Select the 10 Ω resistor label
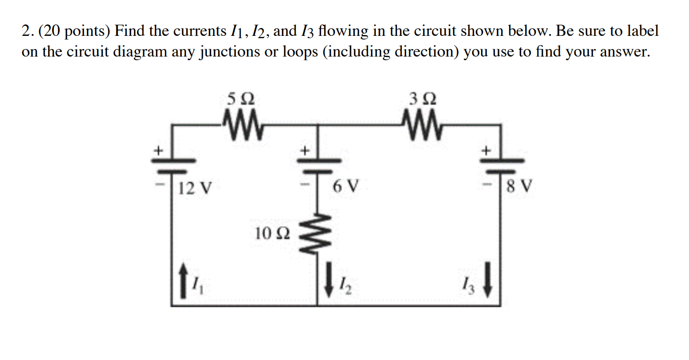tap(272, 234)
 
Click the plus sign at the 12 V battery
tap(158, 150)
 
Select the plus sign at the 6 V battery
tap(304, 150)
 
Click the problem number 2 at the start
tap(26, 31)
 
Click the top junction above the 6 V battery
tap(317, 124)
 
